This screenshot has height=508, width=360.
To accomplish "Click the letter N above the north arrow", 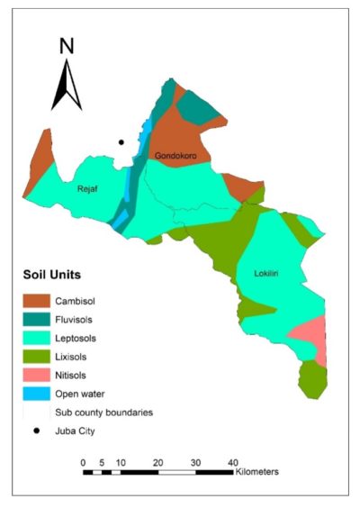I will coord(66,46).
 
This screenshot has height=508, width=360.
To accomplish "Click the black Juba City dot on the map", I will coord(121,141).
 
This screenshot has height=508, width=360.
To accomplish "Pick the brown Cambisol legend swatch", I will coord(40,300).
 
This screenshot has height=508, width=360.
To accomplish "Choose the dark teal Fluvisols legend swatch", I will coord(40,319).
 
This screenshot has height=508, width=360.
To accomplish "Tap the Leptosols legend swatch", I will coord(40,338).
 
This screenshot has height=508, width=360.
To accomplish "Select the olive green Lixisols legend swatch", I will coord(40,357).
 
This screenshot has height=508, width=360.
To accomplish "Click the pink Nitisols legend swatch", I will coord(40,376).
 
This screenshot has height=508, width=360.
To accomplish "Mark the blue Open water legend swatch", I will coord(40,394).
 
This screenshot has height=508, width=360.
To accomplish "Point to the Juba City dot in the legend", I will coord(40,431).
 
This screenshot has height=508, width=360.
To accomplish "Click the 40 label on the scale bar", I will coord(232,462).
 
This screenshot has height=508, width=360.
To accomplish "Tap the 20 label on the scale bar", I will coord(157,462).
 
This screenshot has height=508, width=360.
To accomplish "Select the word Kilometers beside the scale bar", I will coord(257,472).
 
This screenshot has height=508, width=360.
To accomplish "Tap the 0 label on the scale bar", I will coord(83,462).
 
